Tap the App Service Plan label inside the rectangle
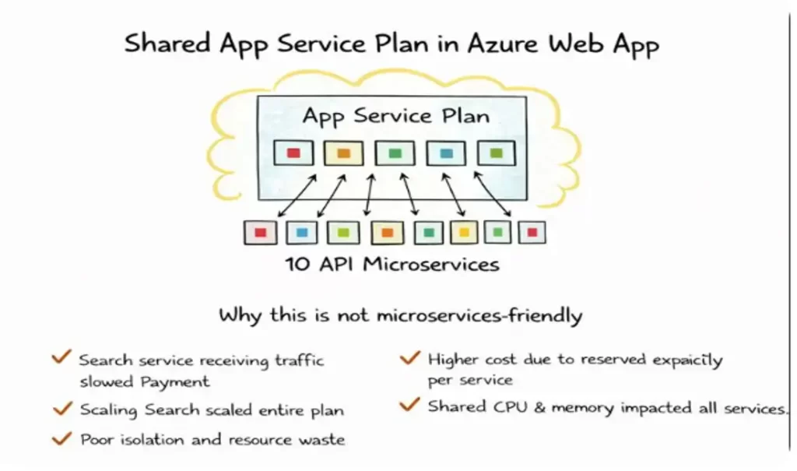pyautogui.click(x=396, y=117)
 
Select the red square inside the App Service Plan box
pyautogui.click(x=293, y=153)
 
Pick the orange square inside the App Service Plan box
pyautogui.click(x=344, y=153)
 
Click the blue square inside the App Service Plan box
pyautogui.click(x=446, y=153)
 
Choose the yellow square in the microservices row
pyautogui.click(x=463, y=232)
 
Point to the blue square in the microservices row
pyautogui.click(x=302, y=232)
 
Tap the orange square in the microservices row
pyautogui.click(x=388, y=232)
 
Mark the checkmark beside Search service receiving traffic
pyautogui.click(x=61, y=358)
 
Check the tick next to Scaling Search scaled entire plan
pyautogui.click(x=61, y=408)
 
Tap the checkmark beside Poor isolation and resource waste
pyautogui.click(x=61, y=438)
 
